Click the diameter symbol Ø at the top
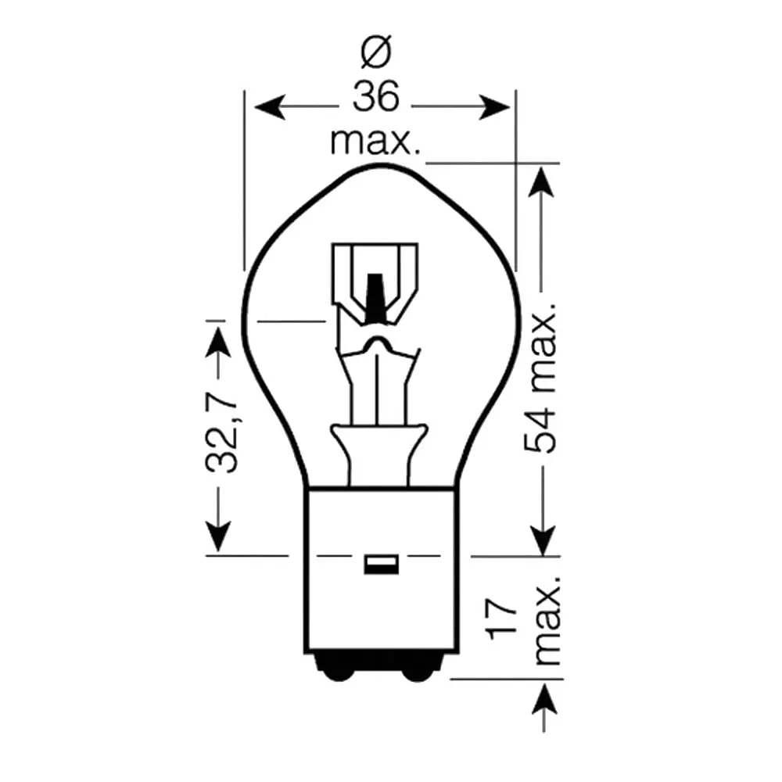(376, 52)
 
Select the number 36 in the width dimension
(376, 97)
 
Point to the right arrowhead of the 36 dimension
(494, 106)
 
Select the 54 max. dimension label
(540, 378)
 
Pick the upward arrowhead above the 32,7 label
(218, 341)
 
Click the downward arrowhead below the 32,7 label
(218, 536)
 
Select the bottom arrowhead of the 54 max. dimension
(543, 540)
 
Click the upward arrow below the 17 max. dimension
(544, 708)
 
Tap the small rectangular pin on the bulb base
(382, 565)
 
